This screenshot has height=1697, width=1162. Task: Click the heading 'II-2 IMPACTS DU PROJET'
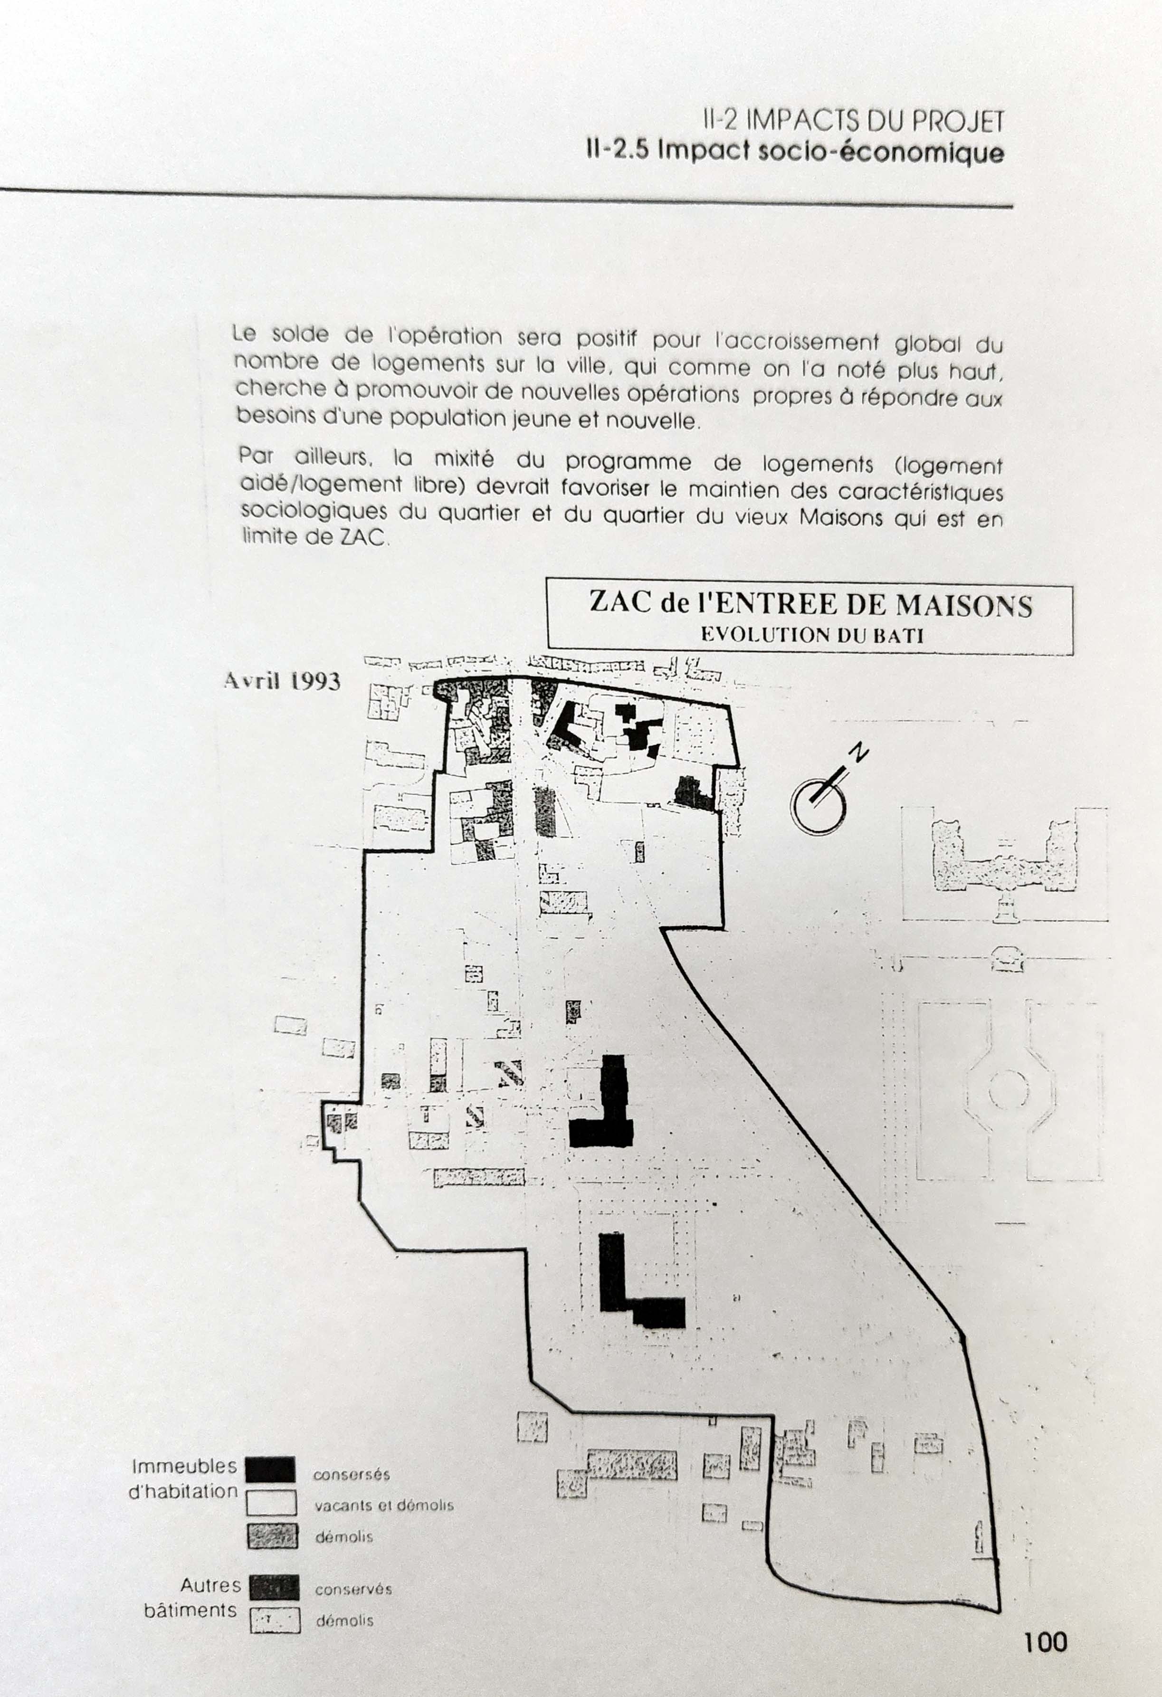point(854,121)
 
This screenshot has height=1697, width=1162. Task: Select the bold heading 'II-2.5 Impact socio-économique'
point(795,152)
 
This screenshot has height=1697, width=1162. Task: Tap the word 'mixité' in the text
point(464,459)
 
